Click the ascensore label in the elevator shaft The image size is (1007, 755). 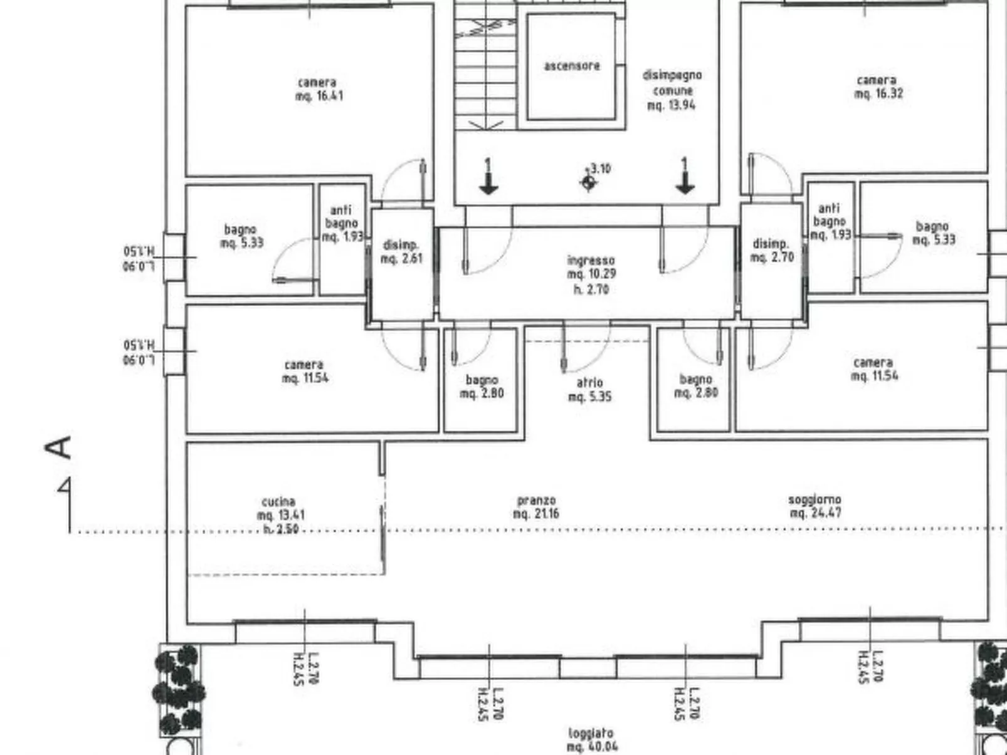[x=571, y=66]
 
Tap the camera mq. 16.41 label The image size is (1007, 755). [x=319, y=89]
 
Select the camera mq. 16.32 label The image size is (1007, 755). [x=878, y=87]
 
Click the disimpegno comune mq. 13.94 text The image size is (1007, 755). [x=672, y=90]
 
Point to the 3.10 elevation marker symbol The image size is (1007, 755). [x=588, y=182]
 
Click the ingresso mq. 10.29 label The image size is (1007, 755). [x=591, y=274]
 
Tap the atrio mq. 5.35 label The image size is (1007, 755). [x=589, y=389]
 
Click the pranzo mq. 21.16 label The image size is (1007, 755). [x=536, y=507]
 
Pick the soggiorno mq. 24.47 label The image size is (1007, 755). [x=815, y=506]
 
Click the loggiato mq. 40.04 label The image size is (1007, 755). [x=591, y=739]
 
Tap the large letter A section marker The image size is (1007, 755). [x=58, y=447]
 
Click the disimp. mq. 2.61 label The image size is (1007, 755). [x=401, y=251]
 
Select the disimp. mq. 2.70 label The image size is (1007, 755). [x=772, y=250]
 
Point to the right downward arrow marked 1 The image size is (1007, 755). [x=685, y=177]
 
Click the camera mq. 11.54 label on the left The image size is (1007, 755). [x=305, y=371]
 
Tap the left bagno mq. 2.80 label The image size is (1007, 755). [x=482, y=387]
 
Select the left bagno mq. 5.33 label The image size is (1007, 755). [x=241, y=236]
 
